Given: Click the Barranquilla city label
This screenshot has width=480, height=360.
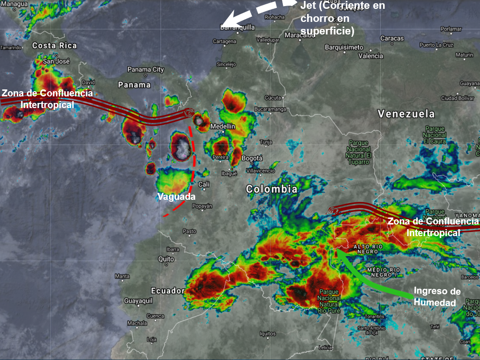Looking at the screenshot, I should (x=237, y=27).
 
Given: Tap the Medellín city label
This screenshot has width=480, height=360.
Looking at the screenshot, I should (x=223, y=126).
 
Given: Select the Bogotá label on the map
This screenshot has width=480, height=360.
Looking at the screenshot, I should (x=252, y=158).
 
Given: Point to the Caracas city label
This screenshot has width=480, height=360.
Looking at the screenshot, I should (x=392, y=38).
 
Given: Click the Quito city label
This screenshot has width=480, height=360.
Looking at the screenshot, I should (x=166, y=259).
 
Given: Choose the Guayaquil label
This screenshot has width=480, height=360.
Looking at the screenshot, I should (x=138, y=301).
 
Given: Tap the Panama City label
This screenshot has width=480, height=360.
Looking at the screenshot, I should (x=145, y=70).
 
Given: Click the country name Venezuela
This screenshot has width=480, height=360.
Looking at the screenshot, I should (x=406, y=114).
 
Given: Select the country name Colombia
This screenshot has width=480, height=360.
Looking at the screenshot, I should (x=272, y=189).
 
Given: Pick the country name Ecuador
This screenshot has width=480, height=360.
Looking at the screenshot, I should (x=168, y=291).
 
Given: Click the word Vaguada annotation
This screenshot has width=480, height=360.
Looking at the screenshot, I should (x=176, y=197).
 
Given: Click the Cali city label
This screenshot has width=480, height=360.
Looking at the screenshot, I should (x=204, y=184).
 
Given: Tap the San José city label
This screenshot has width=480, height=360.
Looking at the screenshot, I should (x=56, y=61).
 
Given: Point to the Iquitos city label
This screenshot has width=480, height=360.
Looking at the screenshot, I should (x=268, y=333).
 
